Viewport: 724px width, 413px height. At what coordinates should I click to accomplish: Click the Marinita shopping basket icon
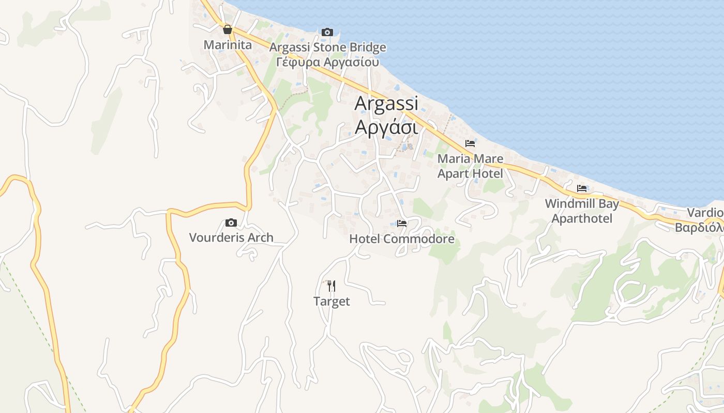coord(227,29)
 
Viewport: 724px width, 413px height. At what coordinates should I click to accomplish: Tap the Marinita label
coord(228,45)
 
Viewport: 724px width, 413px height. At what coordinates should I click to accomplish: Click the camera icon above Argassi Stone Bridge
coord(327,33)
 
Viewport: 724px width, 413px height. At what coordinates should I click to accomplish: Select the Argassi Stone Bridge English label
coord(328,47)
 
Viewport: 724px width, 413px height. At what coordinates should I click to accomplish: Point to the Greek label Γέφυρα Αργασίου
coord(328,62)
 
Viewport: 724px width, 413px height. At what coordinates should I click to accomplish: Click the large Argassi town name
coord(386,103)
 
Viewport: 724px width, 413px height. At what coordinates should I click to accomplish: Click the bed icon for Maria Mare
coord(470,144)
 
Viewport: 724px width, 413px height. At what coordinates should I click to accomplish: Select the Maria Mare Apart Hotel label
coord(470,166)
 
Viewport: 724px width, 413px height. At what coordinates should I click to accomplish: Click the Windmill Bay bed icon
coord(582,188)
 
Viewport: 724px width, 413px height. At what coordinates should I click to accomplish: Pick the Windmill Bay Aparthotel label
coord(582,211)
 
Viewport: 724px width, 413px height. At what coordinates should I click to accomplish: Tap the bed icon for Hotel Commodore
coord(402,224)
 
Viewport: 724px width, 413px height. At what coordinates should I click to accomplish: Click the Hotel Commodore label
coord(402,239)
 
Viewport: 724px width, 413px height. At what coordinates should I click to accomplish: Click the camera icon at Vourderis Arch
coord(231,223)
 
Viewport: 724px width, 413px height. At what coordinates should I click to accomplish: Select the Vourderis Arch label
coord(231,237)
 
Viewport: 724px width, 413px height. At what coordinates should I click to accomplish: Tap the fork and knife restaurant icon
coord(331,285)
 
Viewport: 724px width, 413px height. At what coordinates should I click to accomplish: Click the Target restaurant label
coord(331,301)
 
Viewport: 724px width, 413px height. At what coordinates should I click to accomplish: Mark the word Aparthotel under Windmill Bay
coord(582,218)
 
